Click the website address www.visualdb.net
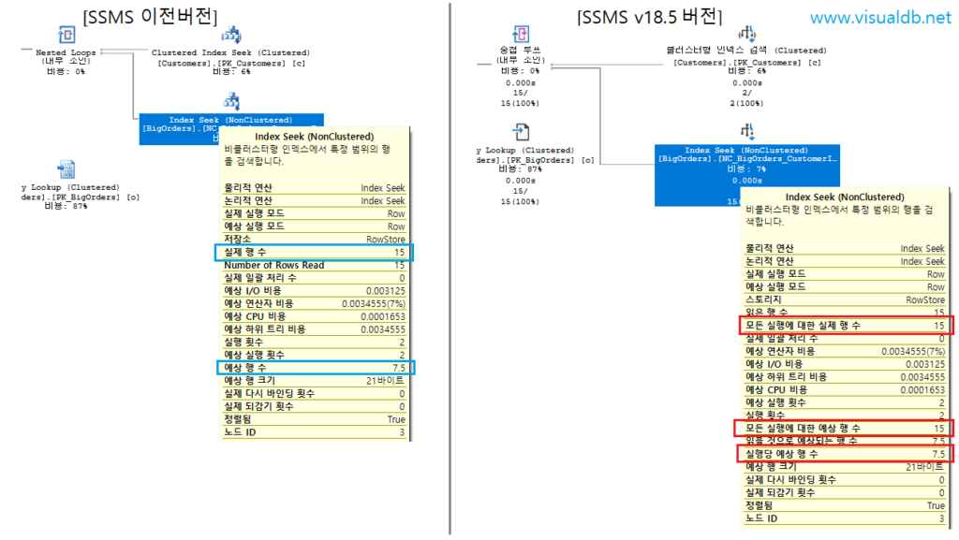[x=878, y=18]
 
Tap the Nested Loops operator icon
[x=66, y=35]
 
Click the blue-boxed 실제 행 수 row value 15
[x=399, y=253]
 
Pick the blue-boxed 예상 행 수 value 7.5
[x=397, y=369]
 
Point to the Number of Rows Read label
[x=274, y=265]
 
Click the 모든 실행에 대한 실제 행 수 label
[x=803, y=325]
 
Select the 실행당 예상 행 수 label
[x=782, y=453]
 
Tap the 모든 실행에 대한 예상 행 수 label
[x=803, y=428]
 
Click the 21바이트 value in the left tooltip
[x=386, y=382]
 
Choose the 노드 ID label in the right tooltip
[x=761, y=518]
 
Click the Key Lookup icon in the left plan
[x=66, y=168]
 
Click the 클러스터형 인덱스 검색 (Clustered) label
[x=746, y=51]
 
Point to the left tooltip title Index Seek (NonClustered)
[x=314, y=137]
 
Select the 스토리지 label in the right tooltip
[x=767, y=299]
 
